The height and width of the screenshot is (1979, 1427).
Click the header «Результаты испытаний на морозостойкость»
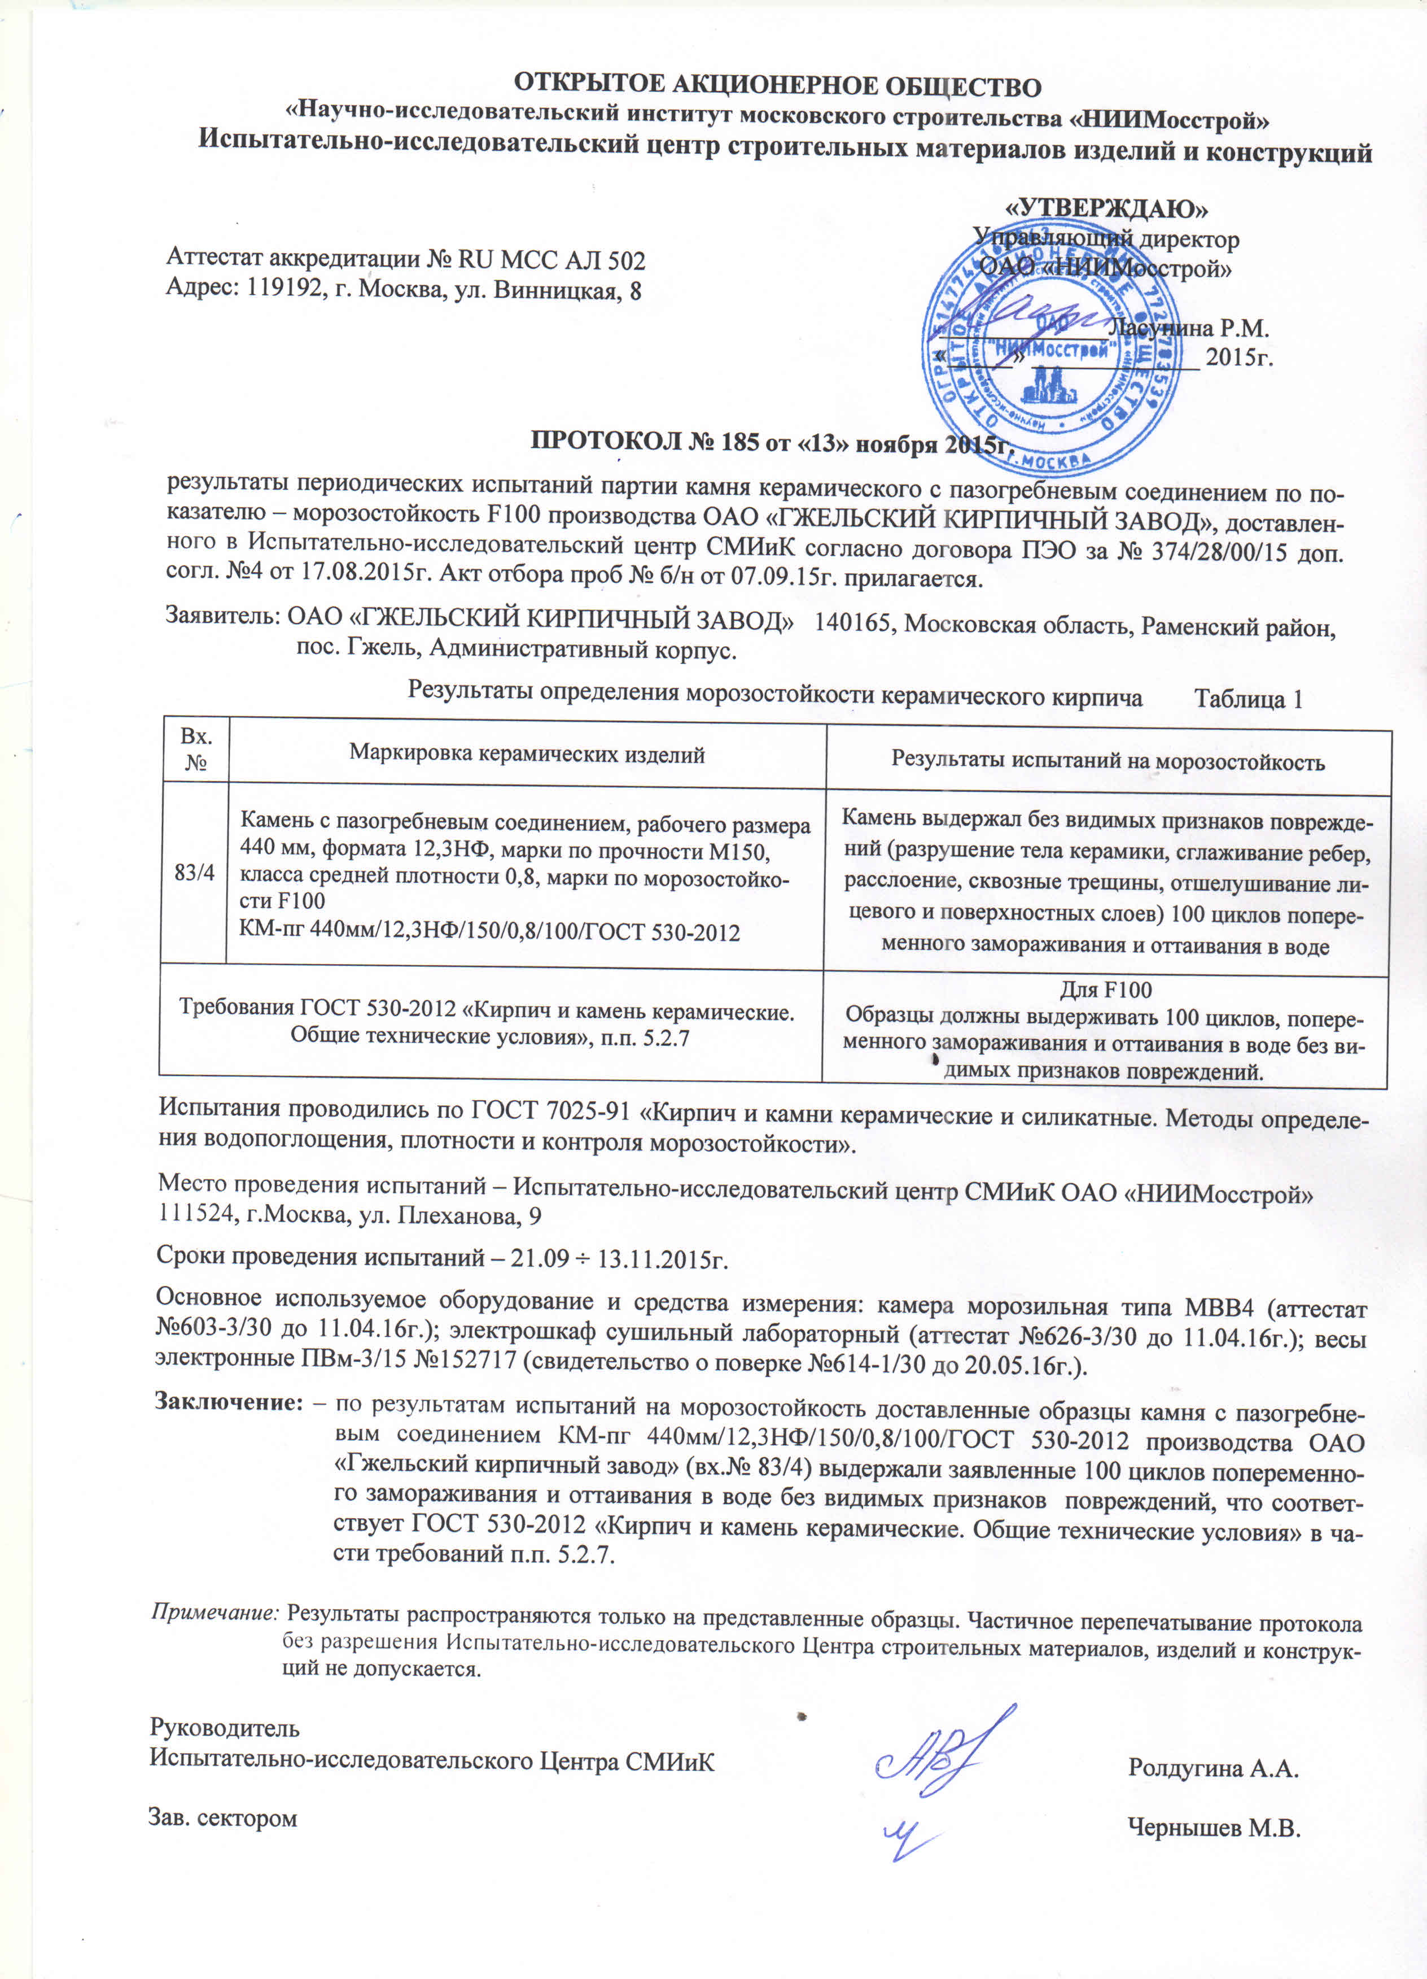point(1108,761)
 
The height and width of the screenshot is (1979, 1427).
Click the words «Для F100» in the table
point(1105,989)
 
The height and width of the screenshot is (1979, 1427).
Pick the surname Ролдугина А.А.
point(1213,1767)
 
